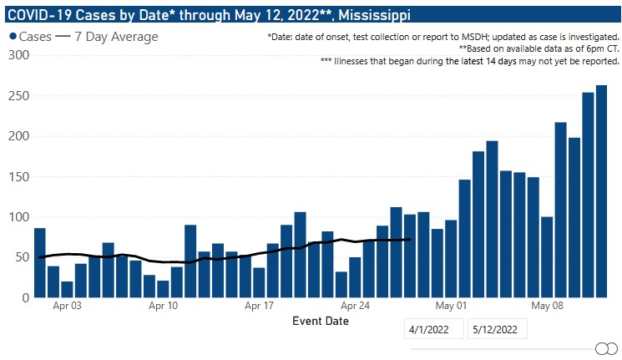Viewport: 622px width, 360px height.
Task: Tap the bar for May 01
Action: point(451,259)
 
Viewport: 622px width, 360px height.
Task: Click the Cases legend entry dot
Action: point(13,37)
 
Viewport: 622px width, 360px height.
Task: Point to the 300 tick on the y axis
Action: point(18,55)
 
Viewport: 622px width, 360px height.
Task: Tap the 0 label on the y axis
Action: point(25,297)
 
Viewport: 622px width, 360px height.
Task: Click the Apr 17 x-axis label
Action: point(259,306)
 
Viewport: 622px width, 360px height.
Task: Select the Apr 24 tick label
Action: point(355,306)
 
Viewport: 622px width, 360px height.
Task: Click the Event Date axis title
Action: point(321,321)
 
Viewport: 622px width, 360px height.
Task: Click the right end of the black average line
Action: point(410,240)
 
